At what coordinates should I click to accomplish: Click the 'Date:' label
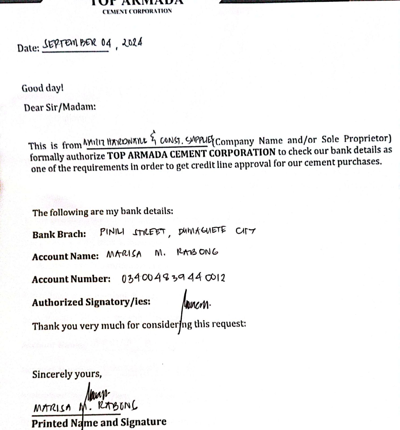click(x=28, y=48)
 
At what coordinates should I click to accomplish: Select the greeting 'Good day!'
click(x=43, y=88)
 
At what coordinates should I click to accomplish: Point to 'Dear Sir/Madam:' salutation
click(x=60, y=107)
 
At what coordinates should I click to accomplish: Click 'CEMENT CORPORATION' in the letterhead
click(x=137, y=12)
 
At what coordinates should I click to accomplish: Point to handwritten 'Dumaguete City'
click(x=217, y=231)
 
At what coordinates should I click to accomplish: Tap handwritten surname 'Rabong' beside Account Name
click(x=197, y=252)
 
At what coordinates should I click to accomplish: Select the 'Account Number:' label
click(x=71, y=279)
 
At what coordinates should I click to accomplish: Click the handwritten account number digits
click(x=173, y=278)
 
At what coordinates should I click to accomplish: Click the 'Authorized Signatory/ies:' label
click(x=91, y=302)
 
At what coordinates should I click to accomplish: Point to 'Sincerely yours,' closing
click(x=67, y=374)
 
